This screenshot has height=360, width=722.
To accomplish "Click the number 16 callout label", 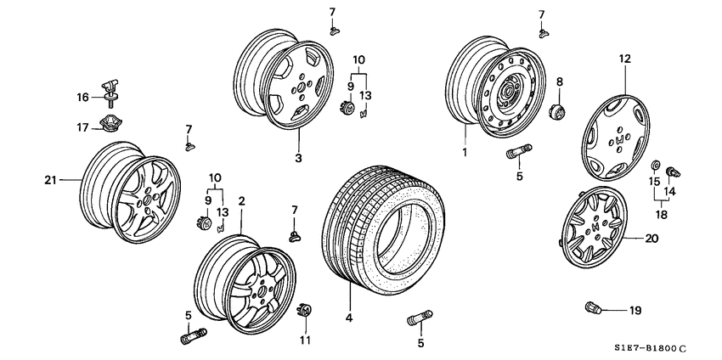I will pos(82,98).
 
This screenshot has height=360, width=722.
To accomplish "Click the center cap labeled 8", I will pos(556,111).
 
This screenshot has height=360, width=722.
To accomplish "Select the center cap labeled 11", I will pos(305,311).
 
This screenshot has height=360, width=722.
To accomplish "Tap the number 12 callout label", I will pos(625,59).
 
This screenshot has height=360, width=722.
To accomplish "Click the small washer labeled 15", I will pos(657,165).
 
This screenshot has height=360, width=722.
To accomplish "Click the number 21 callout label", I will pos(49,179).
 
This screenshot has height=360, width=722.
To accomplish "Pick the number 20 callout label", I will pos(651,239).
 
